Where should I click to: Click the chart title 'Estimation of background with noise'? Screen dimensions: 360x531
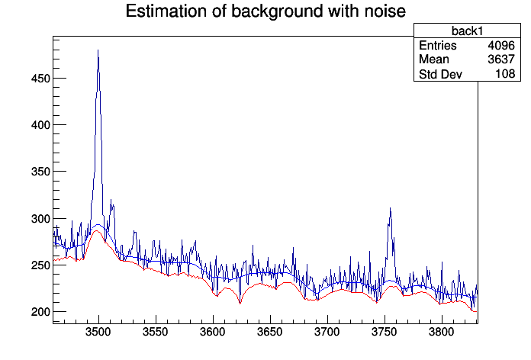point(265,11)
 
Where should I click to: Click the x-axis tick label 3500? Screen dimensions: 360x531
point(98,334)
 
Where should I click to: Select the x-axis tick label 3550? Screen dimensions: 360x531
point(156,334)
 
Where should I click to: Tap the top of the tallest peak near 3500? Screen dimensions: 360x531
point(98,50)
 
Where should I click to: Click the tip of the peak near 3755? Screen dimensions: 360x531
point(390,208)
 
